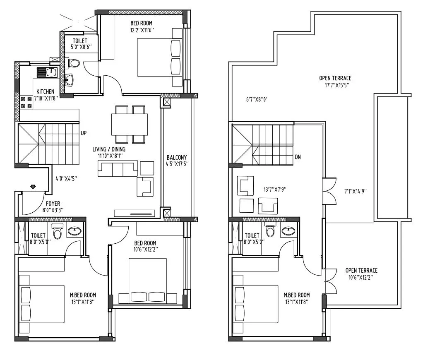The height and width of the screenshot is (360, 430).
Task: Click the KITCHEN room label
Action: pyautogui.click(x=45, y=91)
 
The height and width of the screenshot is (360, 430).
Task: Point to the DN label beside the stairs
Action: pyautogui.click(x=298, y=157)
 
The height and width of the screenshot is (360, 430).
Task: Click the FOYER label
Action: pyautogui.click(x=53, y=203)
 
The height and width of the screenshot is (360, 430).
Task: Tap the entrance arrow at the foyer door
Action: pyautogui.click(x=33, y=187)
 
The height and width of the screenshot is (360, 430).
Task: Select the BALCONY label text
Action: pyautogui.click(x=177, y=158)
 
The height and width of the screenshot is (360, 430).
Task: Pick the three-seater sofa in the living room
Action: pyautogui.click(x=118, y=169)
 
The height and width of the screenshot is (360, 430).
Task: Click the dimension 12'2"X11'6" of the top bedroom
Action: pyautogui.click(x=142, y=30)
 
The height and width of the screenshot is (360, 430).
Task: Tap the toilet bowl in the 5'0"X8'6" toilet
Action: pyautogui.click(x=74, y=63)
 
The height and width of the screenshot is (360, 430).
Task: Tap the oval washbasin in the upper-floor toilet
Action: pyautogui.click(x=287, y=230)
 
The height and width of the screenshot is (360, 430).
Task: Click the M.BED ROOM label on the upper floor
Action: pyautogui.click(x=296, y=298)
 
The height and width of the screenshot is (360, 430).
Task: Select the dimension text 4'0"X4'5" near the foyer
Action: pyautogui.click(x=66, y=179)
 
